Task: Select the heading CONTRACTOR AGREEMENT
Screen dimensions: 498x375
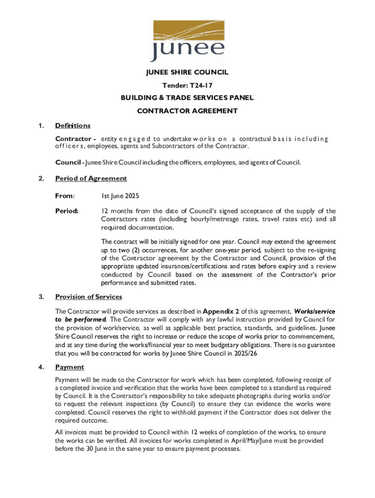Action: coord(187,110)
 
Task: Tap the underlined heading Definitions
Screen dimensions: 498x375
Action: coord(73,125)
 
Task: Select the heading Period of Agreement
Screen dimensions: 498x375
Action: coord(91,178)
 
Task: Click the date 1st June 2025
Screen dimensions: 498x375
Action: coord(120,196)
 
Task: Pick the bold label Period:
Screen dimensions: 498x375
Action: coord(68,211)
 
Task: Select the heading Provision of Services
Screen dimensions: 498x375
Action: coord(89,297)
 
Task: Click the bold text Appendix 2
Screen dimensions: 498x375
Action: coord(221,311)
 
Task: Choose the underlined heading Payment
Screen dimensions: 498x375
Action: coord(70,367)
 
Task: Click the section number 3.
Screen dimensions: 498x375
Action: coord(42,297)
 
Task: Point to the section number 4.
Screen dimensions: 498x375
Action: coord(42,367)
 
